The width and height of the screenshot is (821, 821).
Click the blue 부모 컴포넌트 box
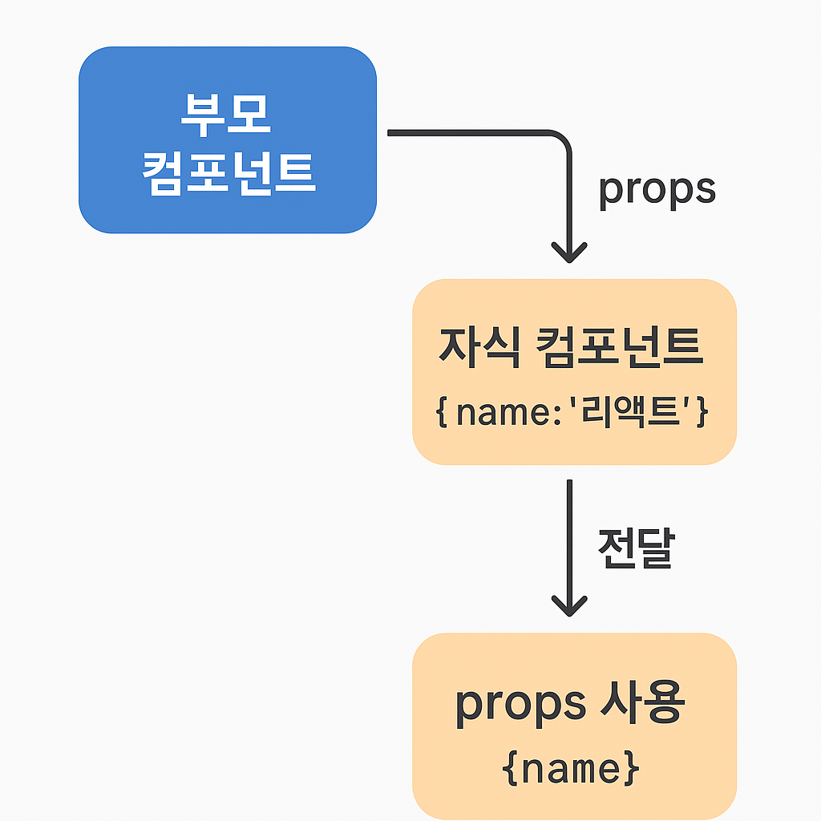pos(228,140)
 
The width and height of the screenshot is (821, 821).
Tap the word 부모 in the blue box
pos(225,115)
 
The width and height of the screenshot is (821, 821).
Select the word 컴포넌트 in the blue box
pos(229,173)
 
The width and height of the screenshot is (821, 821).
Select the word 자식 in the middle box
pos(479,347)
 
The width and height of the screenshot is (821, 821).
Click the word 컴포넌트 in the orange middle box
pos(620,347)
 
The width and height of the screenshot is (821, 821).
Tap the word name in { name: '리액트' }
pos(503,413)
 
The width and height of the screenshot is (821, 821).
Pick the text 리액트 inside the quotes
pos(634,411)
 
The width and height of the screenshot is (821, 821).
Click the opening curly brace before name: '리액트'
pos(442,412)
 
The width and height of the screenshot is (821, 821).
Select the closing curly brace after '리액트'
pos(702,412)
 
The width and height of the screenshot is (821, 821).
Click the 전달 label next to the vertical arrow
pos(636,548)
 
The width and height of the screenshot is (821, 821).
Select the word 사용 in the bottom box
pos(642,702)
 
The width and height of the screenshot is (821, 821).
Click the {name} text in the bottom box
pos(571,769)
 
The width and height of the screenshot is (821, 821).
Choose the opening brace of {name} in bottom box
pos(510,769)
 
